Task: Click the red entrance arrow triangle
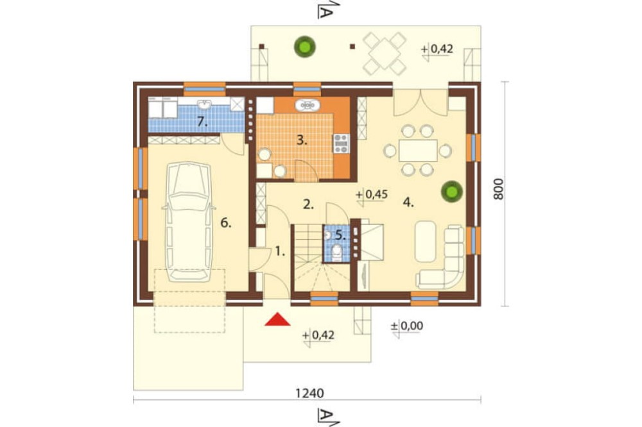(277, 319)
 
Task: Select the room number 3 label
(302, 140)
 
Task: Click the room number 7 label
(201, 121)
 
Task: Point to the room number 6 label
(226, 223)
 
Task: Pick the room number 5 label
(340, 235)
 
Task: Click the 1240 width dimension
(309, 393)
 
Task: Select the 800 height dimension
(498, 189)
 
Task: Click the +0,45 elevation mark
(372, 194)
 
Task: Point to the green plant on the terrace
(304, 47)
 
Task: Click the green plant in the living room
(451, 192)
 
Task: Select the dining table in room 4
(418, 151)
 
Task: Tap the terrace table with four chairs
(385, 54)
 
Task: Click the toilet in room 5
(336, 253)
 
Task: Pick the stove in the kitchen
(341, 143)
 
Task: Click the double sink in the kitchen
(307, 105)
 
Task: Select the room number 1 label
(280, 251)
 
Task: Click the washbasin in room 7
(204, 105)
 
